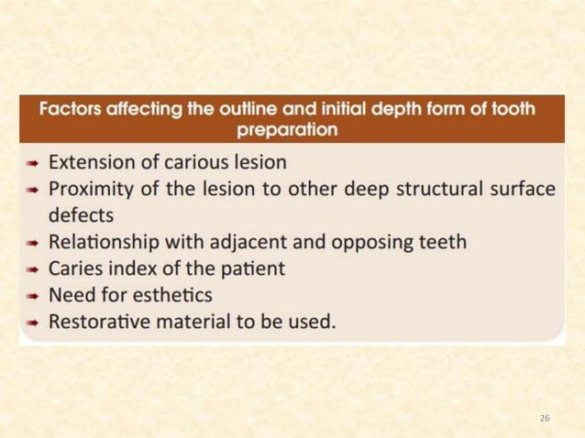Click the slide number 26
[x=545, y=418]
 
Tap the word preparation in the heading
[x=287, y=129]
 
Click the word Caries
[x=74, y=269]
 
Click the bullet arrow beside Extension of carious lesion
[x=31, y=163]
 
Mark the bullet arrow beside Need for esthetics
[x=31, y=296]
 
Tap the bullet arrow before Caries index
[x=31, y=269]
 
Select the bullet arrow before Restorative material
[x=31, y=323]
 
